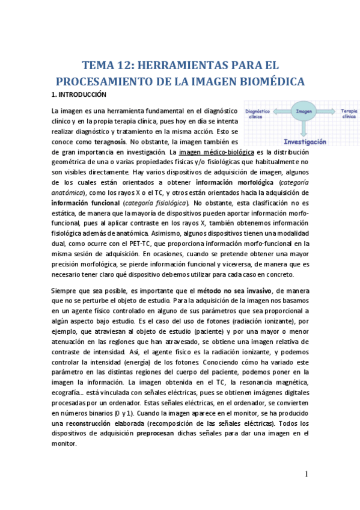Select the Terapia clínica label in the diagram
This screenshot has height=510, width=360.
point(347,114)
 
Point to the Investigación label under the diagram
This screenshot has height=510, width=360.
point(305,143)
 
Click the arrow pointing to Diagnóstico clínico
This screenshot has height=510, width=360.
point(281,112)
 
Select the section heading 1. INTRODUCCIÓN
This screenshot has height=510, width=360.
point(79,95)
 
